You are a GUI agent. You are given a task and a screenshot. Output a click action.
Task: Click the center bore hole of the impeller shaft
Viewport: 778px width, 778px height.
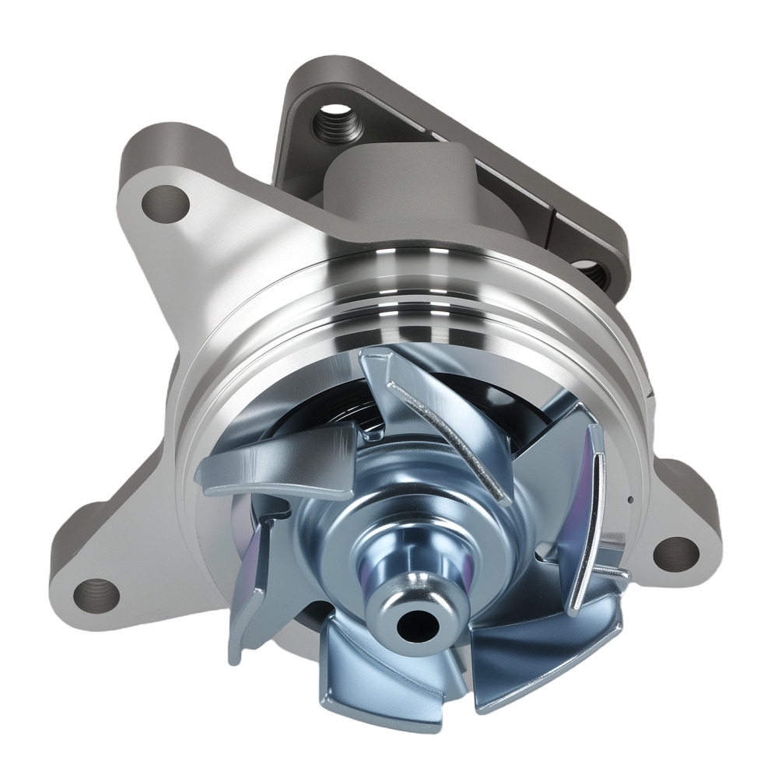pos(415,622)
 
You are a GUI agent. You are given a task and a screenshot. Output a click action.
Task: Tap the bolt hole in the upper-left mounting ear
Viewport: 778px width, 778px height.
pos(166,203)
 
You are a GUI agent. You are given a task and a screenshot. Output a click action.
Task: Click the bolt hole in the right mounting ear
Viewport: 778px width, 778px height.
pos(675,552)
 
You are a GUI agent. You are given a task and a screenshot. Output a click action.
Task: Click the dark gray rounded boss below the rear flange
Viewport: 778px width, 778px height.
pos(397,187)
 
